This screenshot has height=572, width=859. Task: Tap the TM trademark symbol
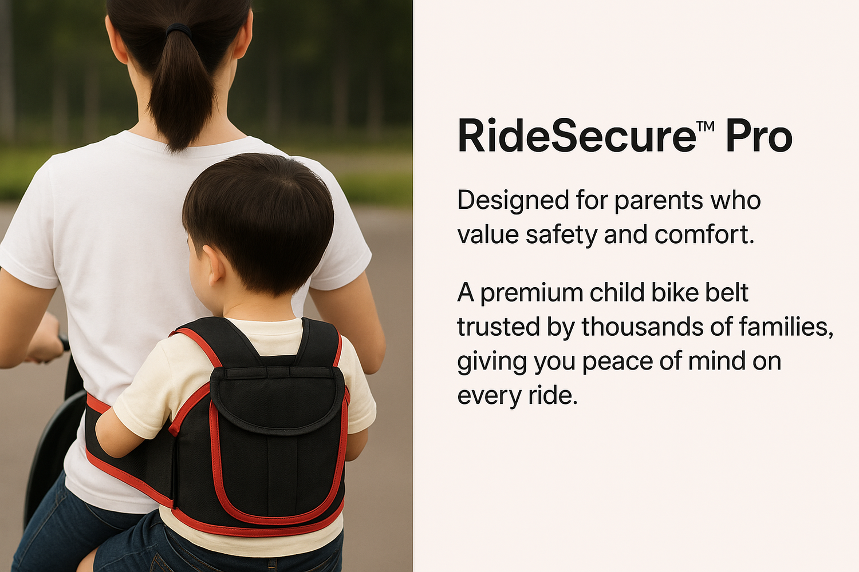(705, 126)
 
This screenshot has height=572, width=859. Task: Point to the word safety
(561, 235)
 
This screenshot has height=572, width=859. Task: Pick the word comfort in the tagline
(704, 235)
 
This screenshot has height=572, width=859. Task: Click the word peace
(617, 363)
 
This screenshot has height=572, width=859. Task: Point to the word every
(489, 396)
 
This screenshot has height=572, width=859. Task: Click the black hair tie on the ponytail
(178, 30)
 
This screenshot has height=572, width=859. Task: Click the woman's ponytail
(181, 88)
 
